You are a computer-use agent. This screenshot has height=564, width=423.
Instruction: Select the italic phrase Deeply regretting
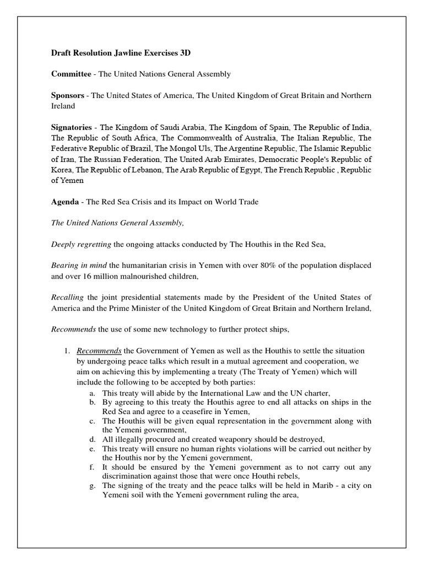coord(81,244)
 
